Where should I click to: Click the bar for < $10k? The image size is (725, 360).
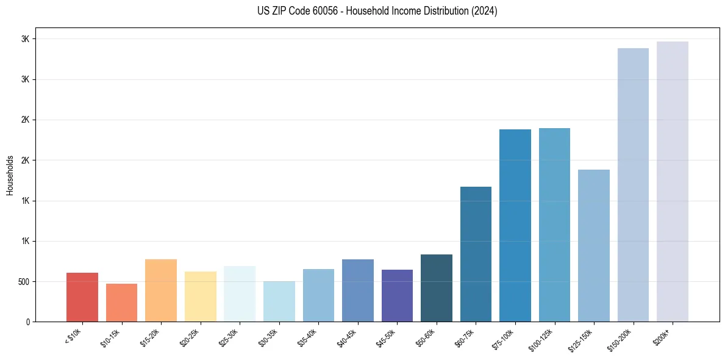pos(82,297)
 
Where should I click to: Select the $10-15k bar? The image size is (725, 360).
pos(121,303)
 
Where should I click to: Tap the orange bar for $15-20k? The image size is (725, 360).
pos(161,290)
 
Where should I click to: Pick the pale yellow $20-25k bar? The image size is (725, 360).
pos(200,297)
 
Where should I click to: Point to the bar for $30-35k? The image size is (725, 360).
pos(279,301)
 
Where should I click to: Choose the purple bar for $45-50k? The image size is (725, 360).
pos(397,295)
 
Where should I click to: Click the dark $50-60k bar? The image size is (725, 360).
pos(437,288)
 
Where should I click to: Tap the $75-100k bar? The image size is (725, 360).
pos(515,225)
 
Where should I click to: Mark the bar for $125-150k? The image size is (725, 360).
pos(594,245)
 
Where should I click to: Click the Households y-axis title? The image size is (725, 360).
pos(10,175)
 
